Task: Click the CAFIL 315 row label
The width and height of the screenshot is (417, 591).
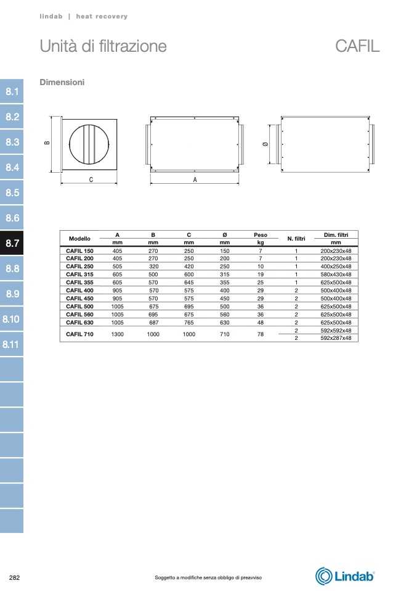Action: [x=79, y=275]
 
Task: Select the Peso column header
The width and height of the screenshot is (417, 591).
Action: [x=261, y=235]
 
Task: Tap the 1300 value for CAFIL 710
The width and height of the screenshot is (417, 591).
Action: [x=118, y=334]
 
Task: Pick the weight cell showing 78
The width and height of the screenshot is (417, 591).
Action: [x=261, y=334]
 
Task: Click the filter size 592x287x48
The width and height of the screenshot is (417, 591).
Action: [x=336, y=338]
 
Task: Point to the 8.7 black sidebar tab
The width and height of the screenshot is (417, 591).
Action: [x=12, y=243]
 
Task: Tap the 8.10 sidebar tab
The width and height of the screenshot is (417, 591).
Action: [x=12, y=319]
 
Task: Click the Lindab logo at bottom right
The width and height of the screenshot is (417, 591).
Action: [x=345, y=576]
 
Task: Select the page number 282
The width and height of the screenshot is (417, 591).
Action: [x=14, y=577]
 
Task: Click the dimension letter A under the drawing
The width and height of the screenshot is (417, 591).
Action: [x=195, y=180]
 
